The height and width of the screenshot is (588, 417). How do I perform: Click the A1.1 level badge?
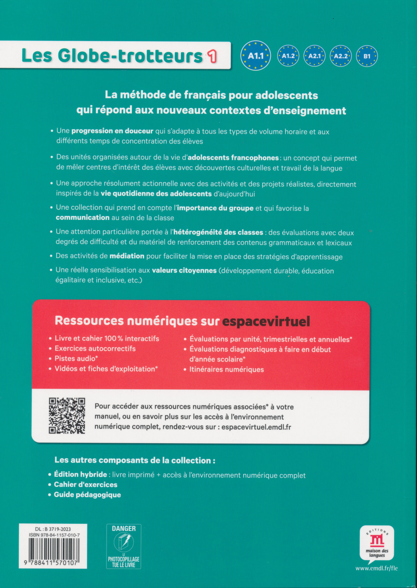256,56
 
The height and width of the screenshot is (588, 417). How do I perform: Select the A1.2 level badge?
288,56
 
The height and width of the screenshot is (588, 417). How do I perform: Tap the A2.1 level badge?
314,56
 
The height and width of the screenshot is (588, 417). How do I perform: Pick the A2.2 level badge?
341,56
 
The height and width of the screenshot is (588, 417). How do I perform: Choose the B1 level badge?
367,56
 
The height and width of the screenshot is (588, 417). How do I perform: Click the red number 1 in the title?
212,56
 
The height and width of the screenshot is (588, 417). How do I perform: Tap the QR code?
67,416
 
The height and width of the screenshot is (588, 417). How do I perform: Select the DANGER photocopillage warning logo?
124,546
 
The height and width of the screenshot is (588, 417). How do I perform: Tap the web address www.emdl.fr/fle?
377,568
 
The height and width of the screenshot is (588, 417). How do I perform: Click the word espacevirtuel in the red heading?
266,322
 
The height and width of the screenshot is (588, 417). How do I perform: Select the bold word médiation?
127,256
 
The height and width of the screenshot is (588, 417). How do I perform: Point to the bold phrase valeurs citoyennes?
184,270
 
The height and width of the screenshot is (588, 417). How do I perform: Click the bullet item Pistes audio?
76,359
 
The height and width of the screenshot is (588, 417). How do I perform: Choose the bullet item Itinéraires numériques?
226,369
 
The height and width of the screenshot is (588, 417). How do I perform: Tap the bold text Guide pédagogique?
87,495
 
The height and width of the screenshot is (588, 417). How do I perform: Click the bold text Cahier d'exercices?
86,485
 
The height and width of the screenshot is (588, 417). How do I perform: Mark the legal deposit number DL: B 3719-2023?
53,529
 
